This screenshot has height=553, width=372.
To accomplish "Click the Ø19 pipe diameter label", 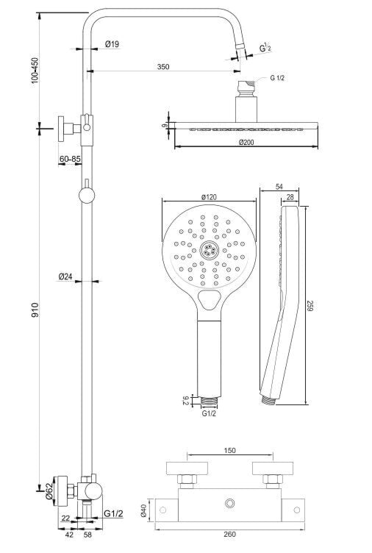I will (112, 44).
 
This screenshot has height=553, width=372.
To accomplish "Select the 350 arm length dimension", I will (163, 66).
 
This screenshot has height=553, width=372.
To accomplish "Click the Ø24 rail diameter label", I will (66, 276).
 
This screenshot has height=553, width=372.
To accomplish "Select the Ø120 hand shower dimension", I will (210, 198).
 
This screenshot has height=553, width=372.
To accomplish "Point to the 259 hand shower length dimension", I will (310, 306).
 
